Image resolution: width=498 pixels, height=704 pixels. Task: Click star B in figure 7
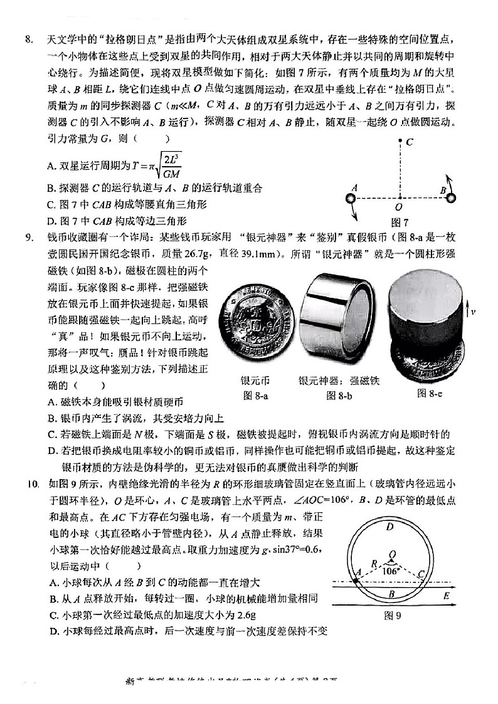point(450,198)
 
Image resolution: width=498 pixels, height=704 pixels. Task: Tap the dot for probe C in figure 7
point(400,142)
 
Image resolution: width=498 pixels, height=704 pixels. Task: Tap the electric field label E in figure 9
point(446,596)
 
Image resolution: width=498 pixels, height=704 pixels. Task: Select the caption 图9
point(393,616)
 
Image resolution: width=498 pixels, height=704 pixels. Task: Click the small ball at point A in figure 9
point(356,581)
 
